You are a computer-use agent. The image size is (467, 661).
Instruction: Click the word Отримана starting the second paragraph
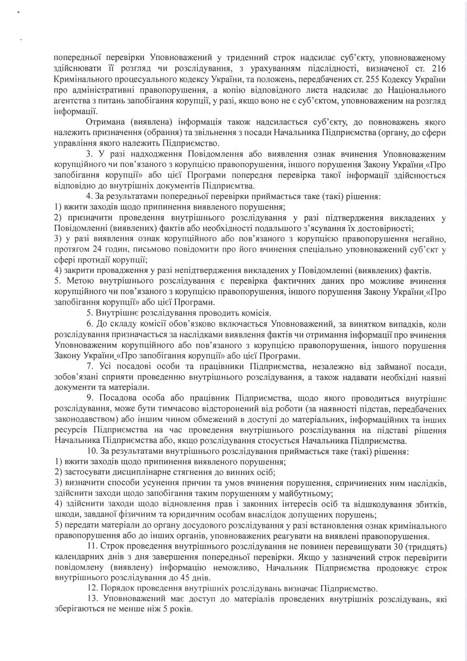109,122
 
